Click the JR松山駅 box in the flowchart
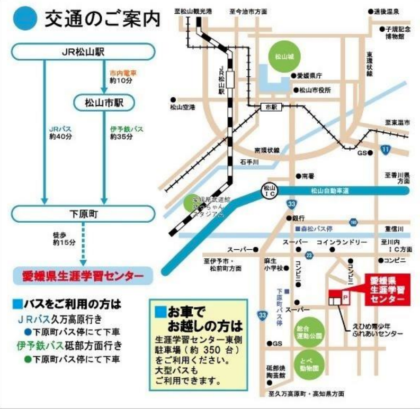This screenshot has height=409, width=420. [84, 52]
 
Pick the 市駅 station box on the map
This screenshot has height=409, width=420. [271, 107]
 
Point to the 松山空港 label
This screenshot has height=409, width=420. [183, 107]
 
